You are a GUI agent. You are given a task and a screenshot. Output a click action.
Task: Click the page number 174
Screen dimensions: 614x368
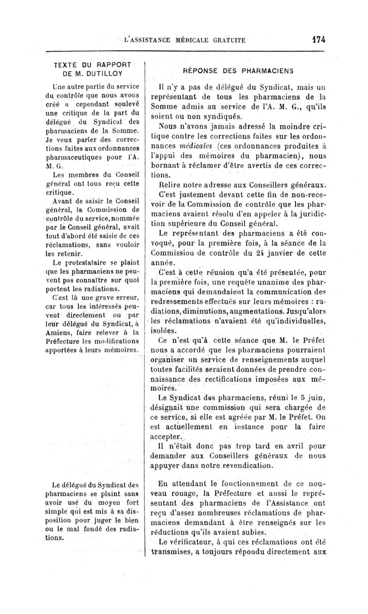[x=318, y=40]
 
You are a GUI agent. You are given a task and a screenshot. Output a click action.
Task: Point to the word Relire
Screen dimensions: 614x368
[x=169, y=185]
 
